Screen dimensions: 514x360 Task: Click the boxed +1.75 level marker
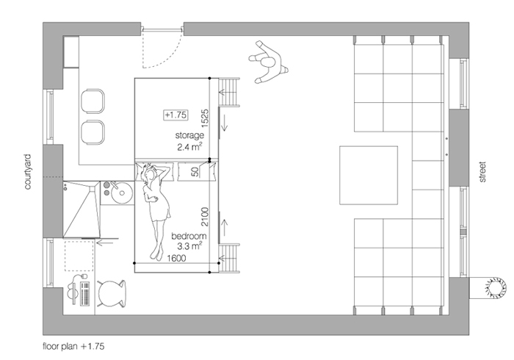click(176, 115)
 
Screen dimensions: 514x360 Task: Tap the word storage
click(189, 135)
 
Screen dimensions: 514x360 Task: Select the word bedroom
click(189, 236)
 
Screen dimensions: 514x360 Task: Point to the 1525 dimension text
click(205, 118)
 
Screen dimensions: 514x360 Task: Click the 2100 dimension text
click(205, 217)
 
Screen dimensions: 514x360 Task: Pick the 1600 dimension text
click(176, 259)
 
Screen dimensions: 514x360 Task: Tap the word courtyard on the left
click(28, 172)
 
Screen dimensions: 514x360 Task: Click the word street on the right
click(482, 172)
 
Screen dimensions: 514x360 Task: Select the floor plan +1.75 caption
click(73, 346)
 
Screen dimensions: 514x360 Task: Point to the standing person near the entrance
click(268, 62)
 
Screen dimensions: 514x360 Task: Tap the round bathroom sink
click(121, 192)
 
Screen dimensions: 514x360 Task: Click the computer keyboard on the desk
click(85, 293)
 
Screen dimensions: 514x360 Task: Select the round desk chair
click(112, 294)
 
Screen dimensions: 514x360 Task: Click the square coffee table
click(369, 175)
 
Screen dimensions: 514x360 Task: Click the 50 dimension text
click(195, 172)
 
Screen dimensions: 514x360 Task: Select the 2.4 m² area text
click(189, 146)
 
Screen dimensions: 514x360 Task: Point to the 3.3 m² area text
click(189, 246)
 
